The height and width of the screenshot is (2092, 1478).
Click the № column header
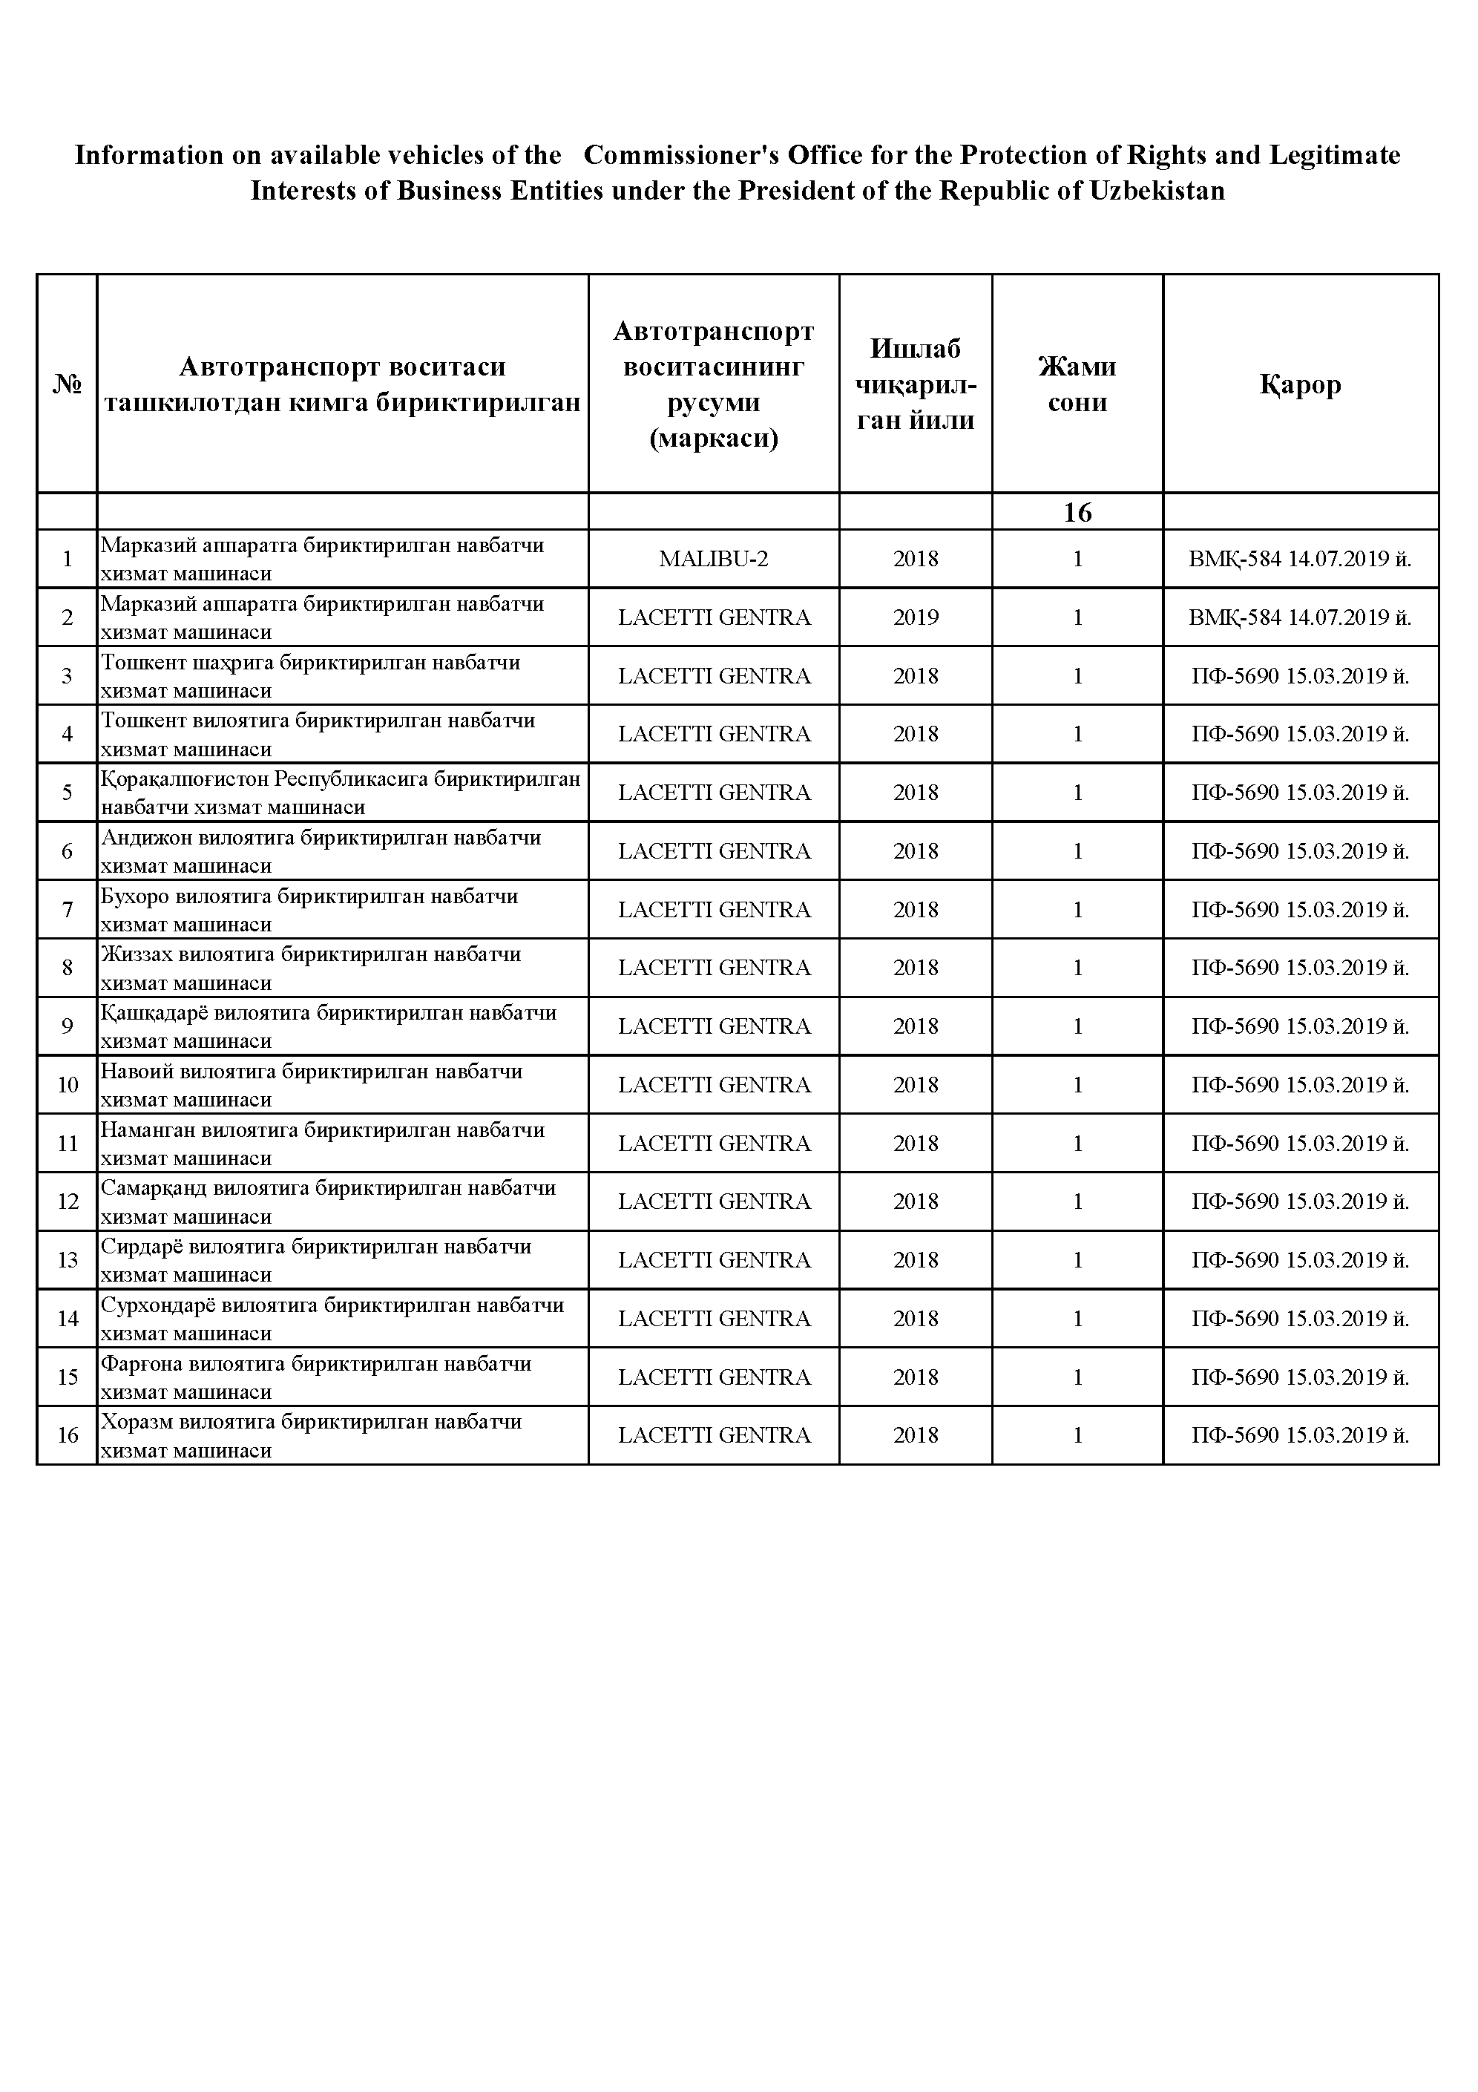coord(67,384)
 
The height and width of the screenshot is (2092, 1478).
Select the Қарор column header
coord(1301,384)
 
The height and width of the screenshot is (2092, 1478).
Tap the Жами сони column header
coord(1077,384)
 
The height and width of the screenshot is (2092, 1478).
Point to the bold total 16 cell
coord(1077,512)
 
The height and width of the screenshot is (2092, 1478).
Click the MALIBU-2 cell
coord(714,559)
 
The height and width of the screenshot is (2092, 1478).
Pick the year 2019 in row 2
coord(915,617)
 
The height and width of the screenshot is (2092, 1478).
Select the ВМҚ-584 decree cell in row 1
coord(1301,559)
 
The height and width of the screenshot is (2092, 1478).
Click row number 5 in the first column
coord(67,793)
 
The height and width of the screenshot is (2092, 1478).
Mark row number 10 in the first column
coord(68,1084)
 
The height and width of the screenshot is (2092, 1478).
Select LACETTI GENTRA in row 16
coord(714,1435)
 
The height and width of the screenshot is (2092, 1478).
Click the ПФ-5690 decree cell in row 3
coord(1301,676)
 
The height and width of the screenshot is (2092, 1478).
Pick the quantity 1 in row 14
coord(1077,1319)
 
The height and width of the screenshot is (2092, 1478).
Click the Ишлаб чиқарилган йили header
coord(915,384)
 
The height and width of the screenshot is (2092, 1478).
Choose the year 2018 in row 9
coord(915,1026)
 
